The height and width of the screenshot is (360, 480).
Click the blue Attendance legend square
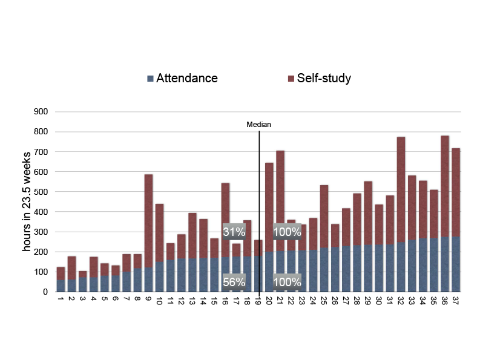(x=150, y=79)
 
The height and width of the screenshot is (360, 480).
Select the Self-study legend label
(x=324, y=79)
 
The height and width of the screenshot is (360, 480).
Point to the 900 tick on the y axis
(x=41, y=111)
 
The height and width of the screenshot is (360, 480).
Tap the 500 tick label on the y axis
(x=41, y=192)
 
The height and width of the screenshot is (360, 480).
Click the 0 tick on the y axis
(x=45, y=292)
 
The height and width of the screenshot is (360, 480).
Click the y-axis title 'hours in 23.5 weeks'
(x=27, y=201)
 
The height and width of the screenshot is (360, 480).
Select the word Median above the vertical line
(x=258, y=125)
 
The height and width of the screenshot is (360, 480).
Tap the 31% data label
(x=234, y=232)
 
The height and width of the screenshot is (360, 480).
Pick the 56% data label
(x=234, y=282)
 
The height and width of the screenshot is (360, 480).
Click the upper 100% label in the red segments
(x=287, y=232)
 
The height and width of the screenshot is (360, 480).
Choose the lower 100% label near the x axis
(x=287, y=282)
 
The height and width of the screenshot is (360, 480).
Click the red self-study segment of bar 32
(x=401, y=190)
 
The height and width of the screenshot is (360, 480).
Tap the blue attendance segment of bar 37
(x=456, y=264)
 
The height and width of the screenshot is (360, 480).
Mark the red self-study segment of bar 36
(x=445, y=186)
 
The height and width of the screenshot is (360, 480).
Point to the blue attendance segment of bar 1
(x=61, y=286)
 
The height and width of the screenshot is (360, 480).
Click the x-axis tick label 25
(x=324, y=301)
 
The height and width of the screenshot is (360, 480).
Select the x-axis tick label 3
(x=82, y=298)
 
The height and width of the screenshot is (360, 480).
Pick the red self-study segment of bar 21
(x=280, y=201)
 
